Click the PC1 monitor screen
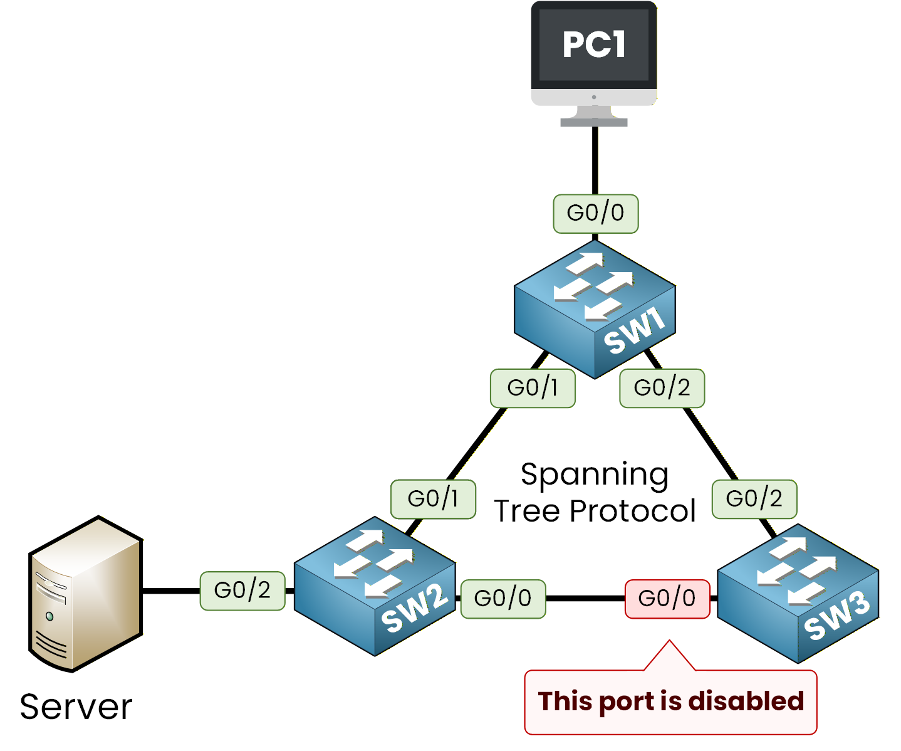(593, 45)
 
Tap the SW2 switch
(375, 586)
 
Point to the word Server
(76, 707)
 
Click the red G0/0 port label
(667, 599)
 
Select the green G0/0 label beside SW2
(503, 599)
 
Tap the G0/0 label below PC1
(595, 213)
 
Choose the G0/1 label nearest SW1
(533, 388)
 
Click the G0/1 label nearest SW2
(433, 499)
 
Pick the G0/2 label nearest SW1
(662, 388)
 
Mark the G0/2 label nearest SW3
(754, 499)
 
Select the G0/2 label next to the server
(242, 591)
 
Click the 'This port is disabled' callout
(670, 701)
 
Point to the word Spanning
(595, 475)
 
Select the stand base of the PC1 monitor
(593, 122)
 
